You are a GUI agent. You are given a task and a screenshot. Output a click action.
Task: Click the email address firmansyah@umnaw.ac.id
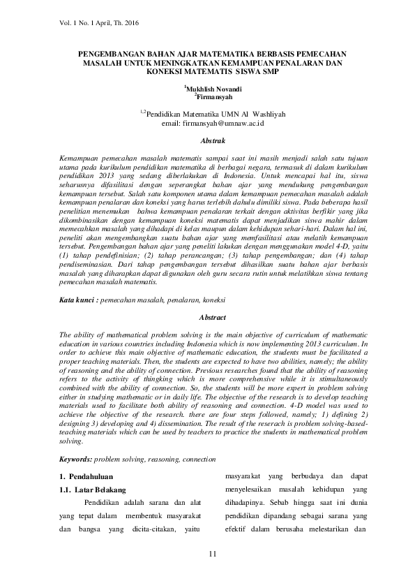coord(222,123)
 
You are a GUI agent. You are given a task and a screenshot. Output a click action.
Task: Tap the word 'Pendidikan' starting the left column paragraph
coord(104,504)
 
